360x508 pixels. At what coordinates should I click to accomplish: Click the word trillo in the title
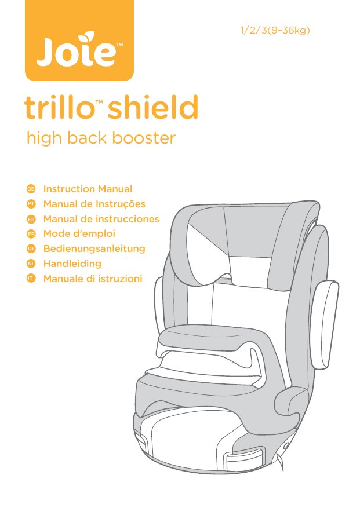click(x=59, y=108)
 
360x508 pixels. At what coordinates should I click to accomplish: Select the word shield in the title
click(x=153, y=108)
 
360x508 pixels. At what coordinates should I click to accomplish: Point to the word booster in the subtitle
click(x=144, y=138)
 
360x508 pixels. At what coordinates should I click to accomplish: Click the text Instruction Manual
click(x=88, y=189)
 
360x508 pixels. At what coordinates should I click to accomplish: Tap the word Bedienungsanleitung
click(x=94, y=249)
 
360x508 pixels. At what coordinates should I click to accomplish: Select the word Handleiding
click(x=72, y=264)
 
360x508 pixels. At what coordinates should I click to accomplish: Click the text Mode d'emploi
click(x=79, y=234)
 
